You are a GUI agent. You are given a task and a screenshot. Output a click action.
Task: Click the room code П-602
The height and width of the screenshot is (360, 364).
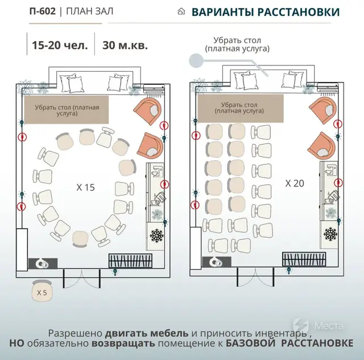click(x=43, y=11)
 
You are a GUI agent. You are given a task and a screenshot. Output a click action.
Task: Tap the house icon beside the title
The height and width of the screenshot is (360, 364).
click(x=181, y=11)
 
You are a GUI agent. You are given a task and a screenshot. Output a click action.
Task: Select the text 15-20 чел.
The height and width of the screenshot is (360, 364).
click(x=60, y=45)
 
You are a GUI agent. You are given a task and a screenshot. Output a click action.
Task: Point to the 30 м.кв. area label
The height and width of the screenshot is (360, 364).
click(x=125, y=45)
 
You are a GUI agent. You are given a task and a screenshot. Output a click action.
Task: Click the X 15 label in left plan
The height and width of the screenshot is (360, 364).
click(x=86, y=187)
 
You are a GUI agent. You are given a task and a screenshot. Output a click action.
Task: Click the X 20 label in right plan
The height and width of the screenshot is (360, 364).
click(x=295, y=183)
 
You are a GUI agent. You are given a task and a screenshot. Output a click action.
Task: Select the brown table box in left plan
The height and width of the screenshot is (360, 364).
click(x=67, y=110)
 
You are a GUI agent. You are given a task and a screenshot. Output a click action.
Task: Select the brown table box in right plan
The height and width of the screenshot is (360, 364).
click(x=241, y=109)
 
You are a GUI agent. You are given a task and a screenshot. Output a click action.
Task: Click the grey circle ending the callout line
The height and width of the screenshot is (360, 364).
click(x=196, y=61)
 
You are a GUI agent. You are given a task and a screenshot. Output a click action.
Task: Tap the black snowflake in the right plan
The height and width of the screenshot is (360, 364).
click(x=330, y=234)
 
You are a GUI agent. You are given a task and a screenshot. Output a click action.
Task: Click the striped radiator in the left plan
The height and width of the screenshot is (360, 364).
click(x=130, y=260)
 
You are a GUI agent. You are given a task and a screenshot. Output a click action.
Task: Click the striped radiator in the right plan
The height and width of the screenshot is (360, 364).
click(x=304, y=259)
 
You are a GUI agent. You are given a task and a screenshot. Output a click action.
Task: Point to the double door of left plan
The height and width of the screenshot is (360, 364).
click(x=82, y=279)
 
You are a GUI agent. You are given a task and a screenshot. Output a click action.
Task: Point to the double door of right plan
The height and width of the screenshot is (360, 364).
click(x=255, y=277)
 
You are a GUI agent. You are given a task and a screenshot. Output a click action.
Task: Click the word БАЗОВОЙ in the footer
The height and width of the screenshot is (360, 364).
click(x=250, y=343)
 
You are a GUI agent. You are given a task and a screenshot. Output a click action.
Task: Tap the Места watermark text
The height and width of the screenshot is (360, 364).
click(x=329, y=326)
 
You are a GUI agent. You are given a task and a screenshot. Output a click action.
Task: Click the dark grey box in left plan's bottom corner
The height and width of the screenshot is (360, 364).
click(x=43, y=263)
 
